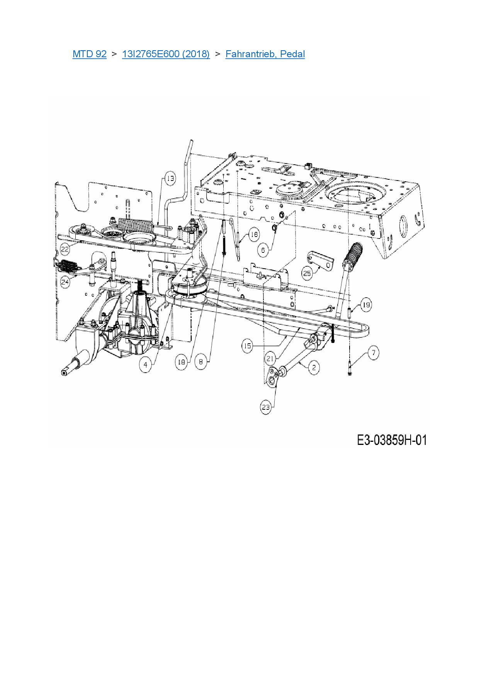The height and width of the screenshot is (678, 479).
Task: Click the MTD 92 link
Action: [x=89, y=54]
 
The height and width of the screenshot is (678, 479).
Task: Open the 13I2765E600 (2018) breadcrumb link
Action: [x=166, y=54]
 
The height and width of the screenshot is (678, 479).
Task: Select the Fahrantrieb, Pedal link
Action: [x=265, y=54]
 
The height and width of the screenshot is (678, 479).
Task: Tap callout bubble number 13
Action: [x=170, y=179]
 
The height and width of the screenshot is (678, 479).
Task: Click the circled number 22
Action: [x=65, y=249]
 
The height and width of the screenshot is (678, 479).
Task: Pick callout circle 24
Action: [x=65, y=282]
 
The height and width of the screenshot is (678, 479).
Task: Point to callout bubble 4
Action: [x=146, y=365]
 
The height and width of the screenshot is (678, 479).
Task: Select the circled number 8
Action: [x=201, y=362]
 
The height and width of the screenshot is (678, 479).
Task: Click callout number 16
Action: [x=254, y=235]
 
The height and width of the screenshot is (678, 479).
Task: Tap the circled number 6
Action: [x=263, y=250]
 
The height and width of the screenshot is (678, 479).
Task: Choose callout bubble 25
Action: [x=307, y=274]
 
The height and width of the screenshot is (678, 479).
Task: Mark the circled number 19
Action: [x=366, y=305]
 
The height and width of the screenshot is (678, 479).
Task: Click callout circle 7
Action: [x=373, y=353]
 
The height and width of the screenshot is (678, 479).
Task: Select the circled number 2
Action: [x=314, y=367]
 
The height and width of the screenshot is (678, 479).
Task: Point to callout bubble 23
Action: [x=266, y=407]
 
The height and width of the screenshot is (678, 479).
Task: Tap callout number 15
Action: [x=248, y=346]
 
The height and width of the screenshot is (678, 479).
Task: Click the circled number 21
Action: [x=270, y=359]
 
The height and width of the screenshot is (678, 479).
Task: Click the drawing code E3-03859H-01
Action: [x=392, y=440]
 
